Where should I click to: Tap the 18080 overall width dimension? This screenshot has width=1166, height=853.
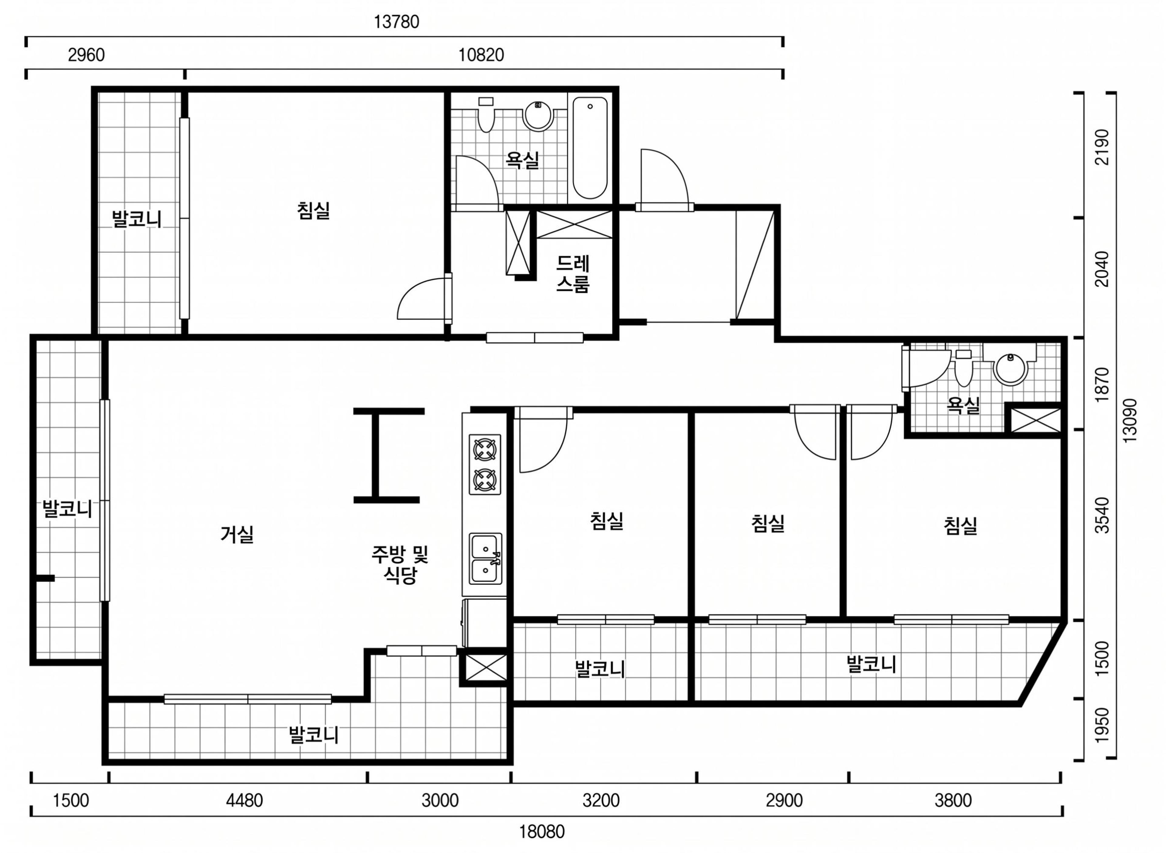tap(541, 832)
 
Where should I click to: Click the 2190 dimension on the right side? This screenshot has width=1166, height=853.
tap(1102, 147)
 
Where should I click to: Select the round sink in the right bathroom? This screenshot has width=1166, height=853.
tap(1010, 370)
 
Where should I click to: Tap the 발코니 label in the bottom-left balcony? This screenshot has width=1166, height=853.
tap(314, 735)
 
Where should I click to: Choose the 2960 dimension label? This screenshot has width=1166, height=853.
tap(86, 55)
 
